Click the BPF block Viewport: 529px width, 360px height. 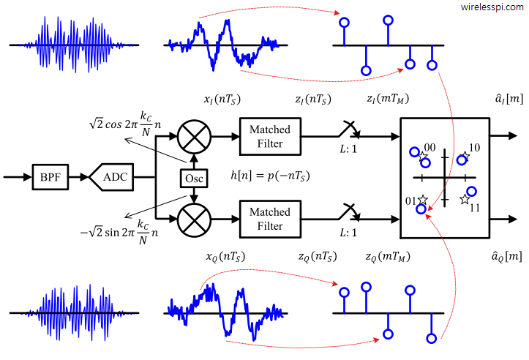(x=50, y=177)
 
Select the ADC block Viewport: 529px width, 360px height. (x=113, y=177)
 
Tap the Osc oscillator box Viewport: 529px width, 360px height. (x=194, y=177)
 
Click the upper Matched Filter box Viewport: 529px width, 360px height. (x=270, y=135)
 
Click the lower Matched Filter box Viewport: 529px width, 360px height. (x=270, y=218)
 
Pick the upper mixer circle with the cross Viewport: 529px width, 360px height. (x=194, y=135)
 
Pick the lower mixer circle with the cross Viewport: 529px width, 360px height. (x=194, y=218)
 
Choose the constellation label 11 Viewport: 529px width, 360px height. (x=474, y=208)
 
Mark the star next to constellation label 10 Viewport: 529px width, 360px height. (x=464, y=157)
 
